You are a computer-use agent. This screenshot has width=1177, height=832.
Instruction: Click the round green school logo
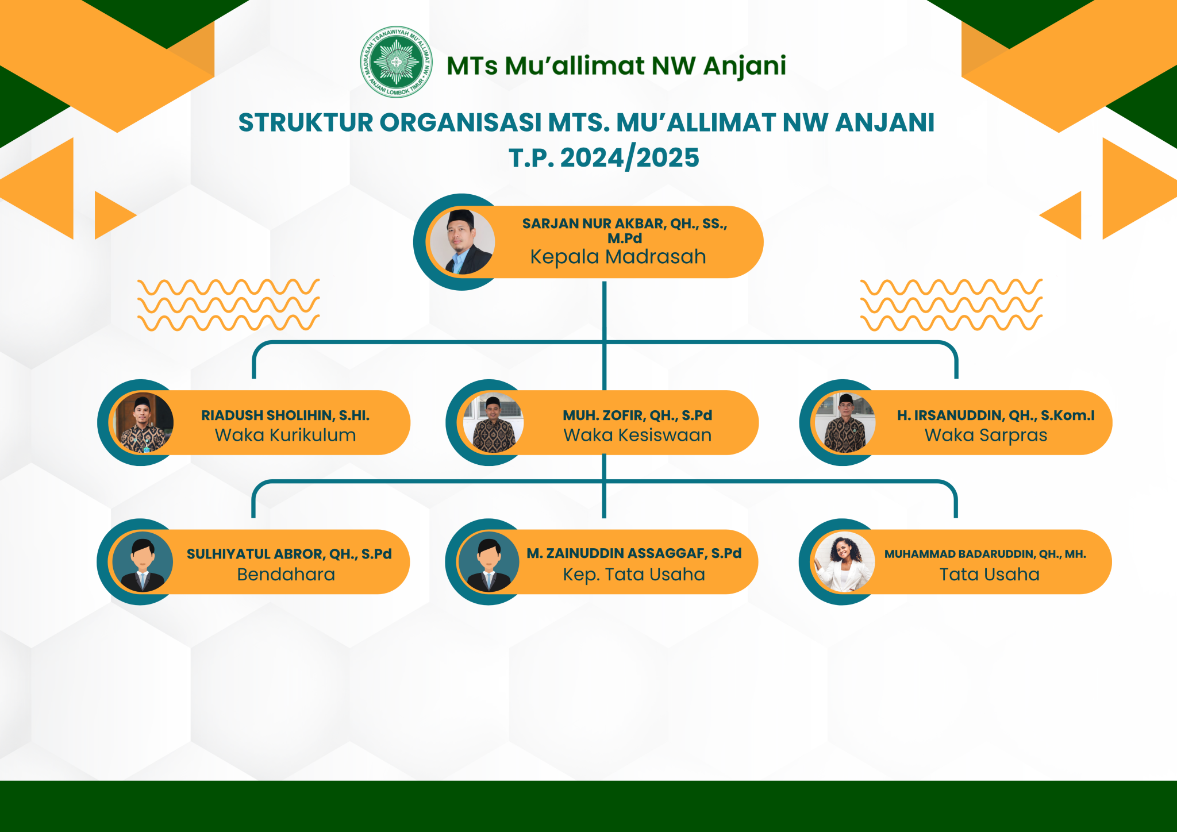tap(396, 61)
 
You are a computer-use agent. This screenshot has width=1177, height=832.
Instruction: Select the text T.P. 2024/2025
tap(604, 157)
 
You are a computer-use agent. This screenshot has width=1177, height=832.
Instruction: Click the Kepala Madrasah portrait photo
tap(462, 242)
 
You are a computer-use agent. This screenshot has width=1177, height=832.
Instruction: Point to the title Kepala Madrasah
tap(618, 257)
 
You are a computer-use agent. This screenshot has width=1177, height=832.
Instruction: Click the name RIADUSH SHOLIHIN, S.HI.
tap(285, 415)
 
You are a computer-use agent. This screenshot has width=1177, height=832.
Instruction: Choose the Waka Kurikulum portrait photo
tap(143, 423)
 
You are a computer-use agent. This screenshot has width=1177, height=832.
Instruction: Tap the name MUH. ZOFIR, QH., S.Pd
tap(637, 415)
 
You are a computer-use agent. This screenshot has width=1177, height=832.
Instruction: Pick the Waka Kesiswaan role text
tap(637, 435)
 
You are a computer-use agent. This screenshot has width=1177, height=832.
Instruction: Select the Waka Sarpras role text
tap(986, 436)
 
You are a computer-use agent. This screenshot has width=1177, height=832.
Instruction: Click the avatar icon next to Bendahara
tap(142, 562)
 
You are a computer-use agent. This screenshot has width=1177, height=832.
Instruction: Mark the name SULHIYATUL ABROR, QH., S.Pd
tap(289, 554)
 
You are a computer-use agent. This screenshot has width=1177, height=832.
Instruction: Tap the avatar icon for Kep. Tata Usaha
tap(489, 562)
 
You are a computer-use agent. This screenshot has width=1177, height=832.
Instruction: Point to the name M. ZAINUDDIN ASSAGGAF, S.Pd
tap(634, 553)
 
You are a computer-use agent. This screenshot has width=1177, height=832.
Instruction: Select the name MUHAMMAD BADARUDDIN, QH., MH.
tap(985, 554)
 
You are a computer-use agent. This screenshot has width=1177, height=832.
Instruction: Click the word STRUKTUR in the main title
tap(306, 123)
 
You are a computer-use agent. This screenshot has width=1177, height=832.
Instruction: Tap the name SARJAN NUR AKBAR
tap(592, 224)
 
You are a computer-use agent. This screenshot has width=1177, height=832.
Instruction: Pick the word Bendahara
tap(286, 575)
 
